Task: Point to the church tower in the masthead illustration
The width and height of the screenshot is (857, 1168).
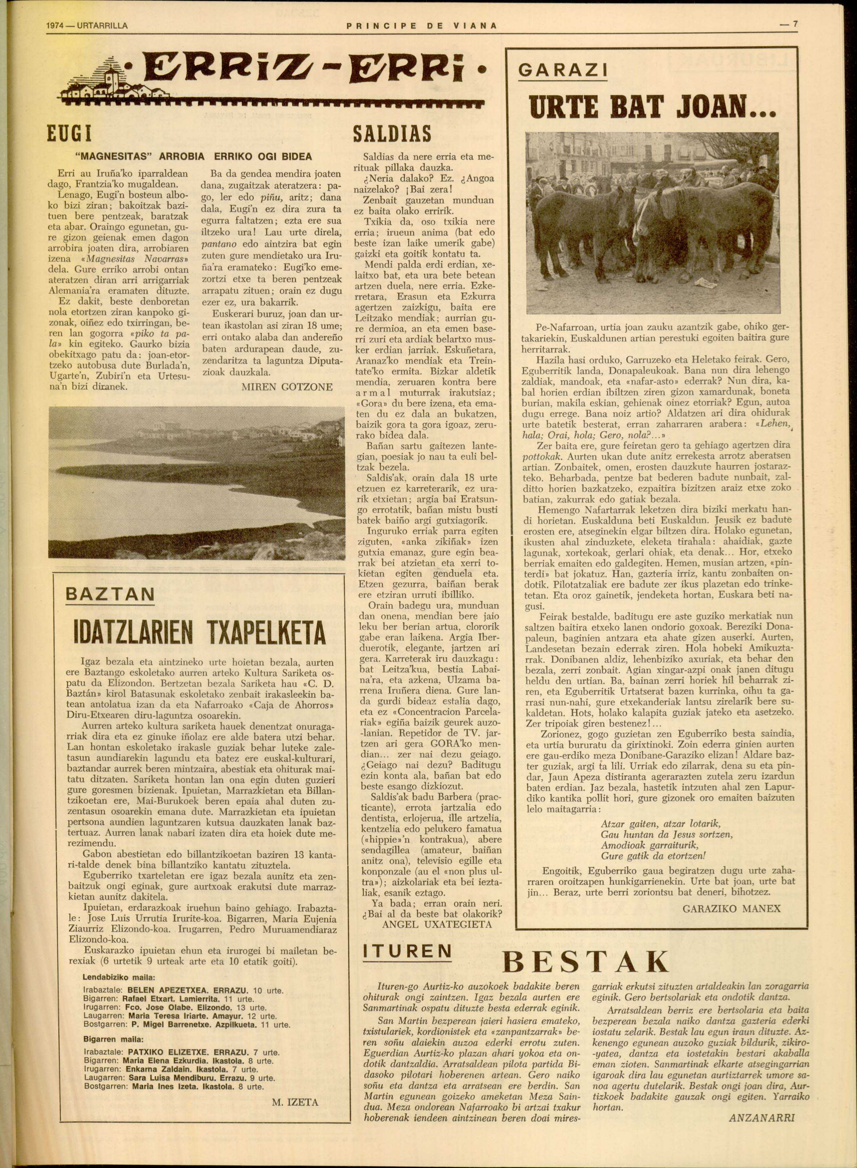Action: tap(110, 78)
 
